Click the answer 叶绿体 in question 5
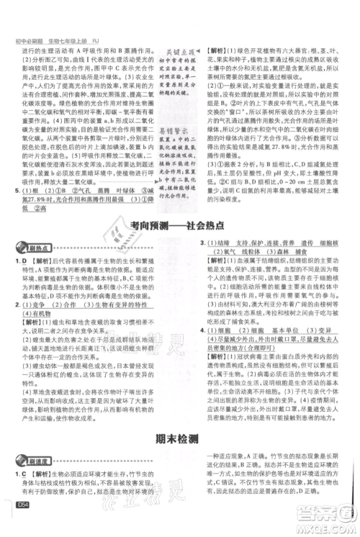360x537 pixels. pos(114,209)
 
